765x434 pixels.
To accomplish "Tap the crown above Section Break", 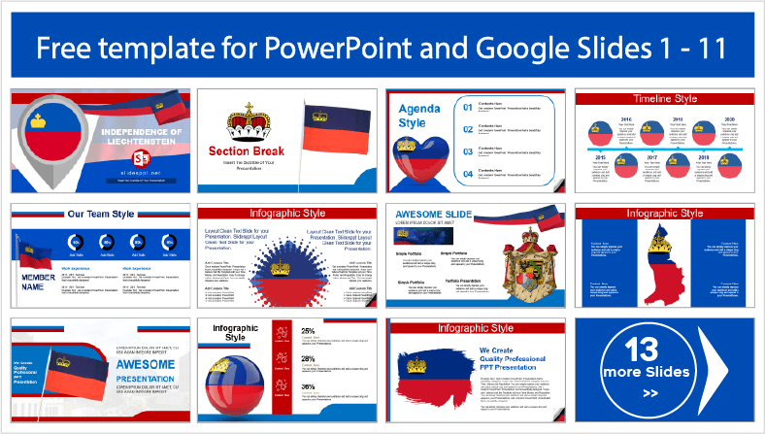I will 245,121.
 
